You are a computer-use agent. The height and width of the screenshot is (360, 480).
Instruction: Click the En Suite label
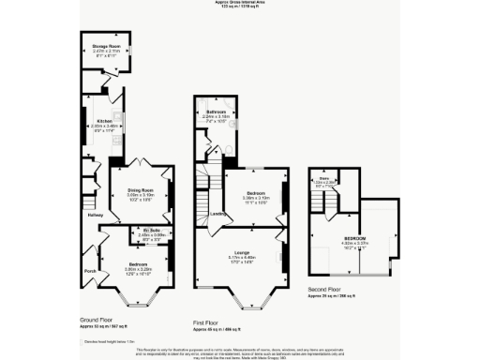(152, 230)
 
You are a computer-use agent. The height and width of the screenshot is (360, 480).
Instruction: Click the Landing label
(217, 214)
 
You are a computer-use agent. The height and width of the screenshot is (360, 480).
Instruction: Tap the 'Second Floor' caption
(335, 290)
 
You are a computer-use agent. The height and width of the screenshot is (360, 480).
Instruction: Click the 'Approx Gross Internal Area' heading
(240, 3)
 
